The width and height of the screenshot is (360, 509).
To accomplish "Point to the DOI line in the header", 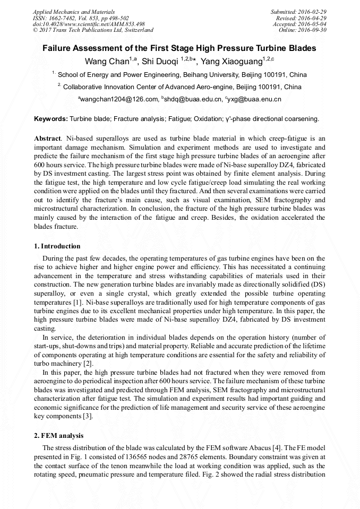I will tap(89, 24).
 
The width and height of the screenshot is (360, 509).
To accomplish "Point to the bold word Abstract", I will tap(47, 138).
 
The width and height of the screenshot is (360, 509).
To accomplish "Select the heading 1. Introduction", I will tap(57, 246).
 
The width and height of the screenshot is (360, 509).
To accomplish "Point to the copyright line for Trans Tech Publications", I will tap(93, 30).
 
